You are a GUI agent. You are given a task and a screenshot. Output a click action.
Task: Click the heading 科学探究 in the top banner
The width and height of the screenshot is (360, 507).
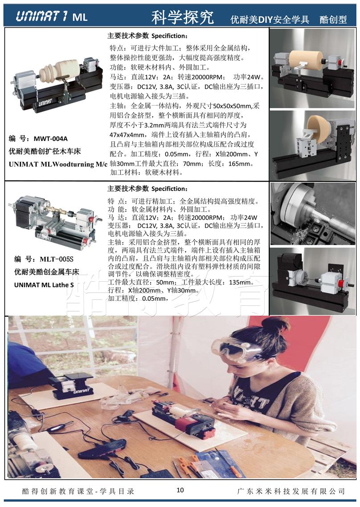pyautogui.click(x=183, y=17)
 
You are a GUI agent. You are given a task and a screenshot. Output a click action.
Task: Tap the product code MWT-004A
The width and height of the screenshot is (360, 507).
pyautogui.click(x=51, y=139)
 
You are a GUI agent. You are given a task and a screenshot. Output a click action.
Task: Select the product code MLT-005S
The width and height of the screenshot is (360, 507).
pyautogui.click(x=57, y=259)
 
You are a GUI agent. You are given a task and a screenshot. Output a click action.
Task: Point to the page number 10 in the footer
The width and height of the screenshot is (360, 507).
pyautogui.click(x=180, y=490)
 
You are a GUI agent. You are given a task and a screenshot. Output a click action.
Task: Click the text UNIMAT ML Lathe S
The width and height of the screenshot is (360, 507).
pyautogui.click(x=44, y=285)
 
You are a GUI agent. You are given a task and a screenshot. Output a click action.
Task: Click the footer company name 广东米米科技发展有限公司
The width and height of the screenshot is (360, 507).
pyautogui.click(x=290, y=491)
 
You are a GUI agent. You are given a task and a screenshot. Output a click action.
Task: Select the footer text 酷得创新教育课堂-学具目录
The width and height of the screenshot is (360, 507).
pyautogui.click(x=78, y=491)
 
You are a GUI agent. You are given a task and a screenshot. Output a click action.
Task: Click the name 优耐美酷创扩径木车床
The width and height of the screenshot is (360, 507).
pyautogui.click(x=45, y=151)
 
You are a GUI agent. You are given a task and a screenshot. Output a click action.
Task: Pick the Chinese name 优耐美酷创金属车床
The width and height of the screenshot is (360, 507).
pyautogui.click(x=46, y=272)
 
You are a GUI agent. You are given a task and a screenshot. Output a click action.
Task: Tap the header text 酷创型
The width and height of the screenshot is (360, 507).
pyautogui.click(x=333, y=20)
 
